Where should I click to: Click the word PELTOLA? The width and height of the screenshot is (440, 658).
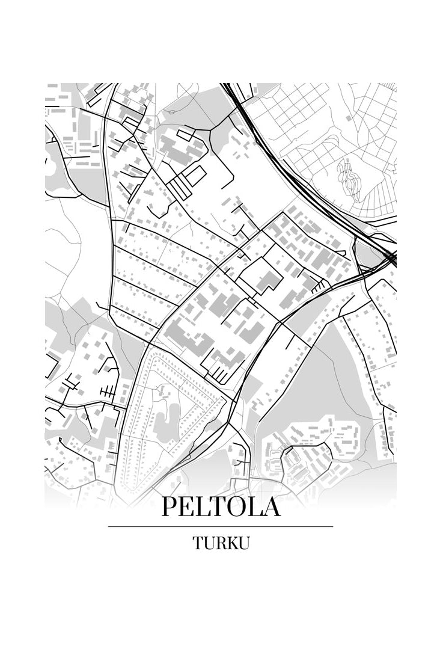click(x=221, y=506)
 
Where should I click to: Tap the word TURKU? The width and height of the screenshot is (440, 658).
click(x=221, y=543)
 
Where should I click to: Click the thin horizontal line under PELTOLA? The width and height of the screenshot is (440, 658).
click(x=221, y=527)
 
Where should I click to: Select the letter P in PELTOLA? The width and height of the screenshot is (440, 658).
click(x=169, y=506)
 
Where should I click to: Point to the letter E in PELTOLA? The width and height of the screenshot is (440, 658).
click(x=186, y=506)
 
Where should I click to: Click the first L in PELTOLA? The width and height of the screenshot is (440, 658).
click(x=202, y=506)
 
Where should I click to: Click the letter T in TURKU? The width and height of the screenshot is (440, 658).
click(x=198, y=543)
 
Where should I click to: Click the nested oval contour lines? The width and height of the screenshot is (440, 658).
click(x=350, y=178)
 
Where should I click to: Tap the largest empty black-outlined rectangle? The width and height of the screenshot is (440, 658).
click(x=196, y=176)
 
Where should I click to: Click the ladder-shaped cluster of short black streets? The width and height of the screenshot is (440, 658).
click(x=108, y=393)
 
